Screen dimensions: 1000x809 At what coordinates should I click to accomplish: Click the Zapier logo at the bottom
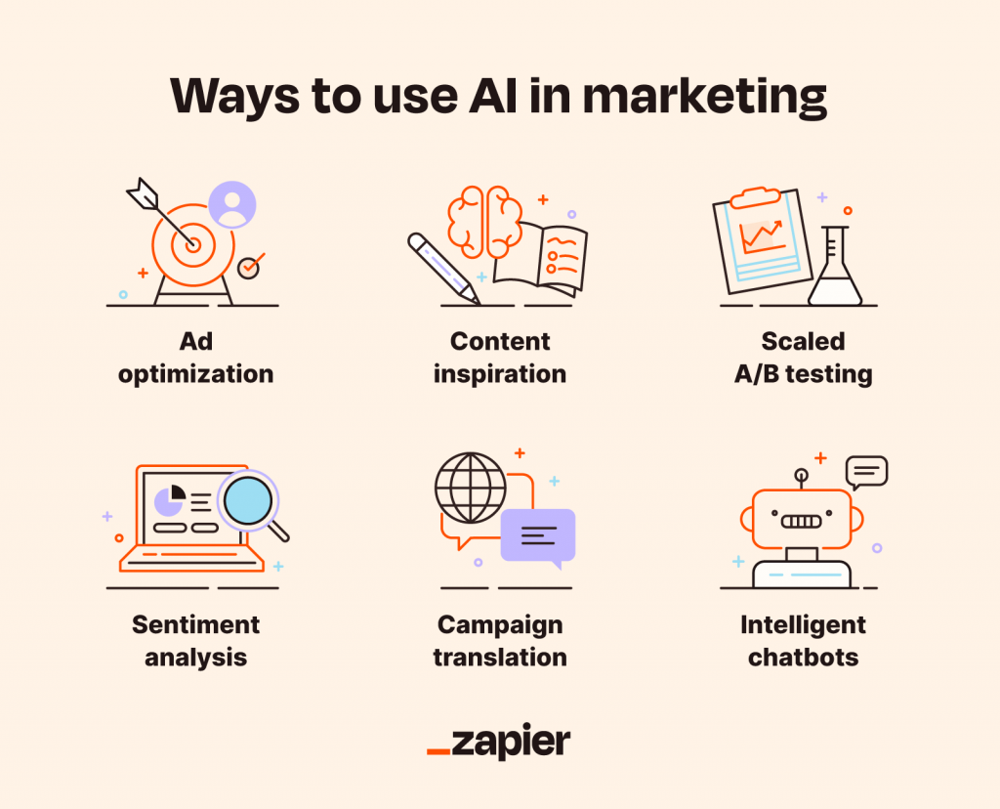pyautogui.click(x=499, y=742)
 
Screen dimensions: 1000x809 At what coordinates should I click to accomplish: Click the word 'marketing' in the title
pyautogui.click(x=705, y=98)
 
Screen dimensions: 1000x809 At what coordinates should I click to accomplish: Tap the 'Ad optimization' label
pyautogui.click(x=195, y=358)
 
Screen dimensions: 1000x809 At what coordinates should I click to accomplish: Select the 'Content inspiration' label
pyautogui.click(x=500, y=358)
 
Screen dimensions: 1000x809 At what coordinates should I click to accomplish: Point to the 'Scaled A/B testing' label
pyautogui.click(x=803, y=358)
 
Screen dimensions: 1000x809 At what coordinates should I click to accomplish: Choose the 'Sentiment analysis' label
pyautogui.click(x=195, y=641)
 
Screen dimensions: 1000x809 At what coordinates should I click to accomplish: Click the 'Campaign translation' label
pyautogui.click(x=500, y=641)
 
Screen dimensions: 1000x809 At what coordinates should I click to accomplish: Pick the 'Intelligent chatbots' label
pyautogui.click(x=803, y=641)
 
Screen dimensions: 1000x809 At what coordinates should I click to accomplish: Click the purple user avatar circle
pyautogui.click(x=232, y=205)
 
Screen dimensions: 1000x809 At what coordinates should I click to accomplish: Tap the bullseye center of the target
pyautogui.click(x=193, y=244)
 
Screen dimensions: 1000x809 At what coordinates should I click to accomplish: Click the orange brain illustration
pyautogui.click(x=485, y=222)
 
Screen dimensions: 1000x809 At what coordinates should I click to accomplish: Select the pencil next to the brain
pyautogui.click(x=444, y=269)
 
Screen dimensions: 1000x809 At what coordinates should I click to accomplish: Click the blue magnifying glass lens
pyautogui.click(x=248, y=501)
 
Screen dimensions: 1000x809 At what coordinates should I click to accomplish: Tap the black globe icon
pyautogui.click(x=471, y=489)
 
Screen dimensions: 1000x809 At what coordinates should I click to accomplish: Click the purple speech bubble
pyautogui.click(x=538, y=537)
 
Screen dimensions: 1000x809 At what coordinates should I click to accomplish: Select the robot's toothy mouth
pyautogui.click(x=801, y=521)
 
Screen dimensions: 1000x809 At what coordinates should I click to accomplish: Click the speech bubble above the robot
pyautogui.click(x=867, y=472)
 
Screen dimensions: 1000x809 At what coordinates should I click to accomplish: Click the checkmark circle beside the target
pyautogui.click(x=249, y=268)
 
